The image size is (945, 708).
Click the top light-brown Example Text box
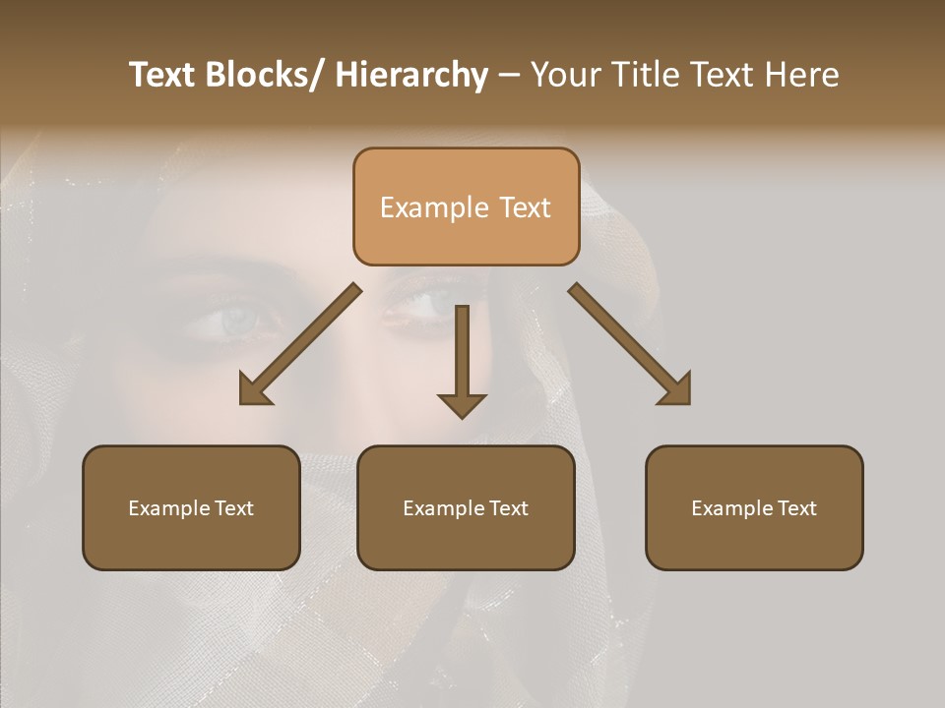coord(466,206)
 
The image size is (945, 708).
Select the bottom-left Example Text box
coord(191,507)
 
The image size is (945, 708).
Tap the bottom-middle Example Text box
coord(466,507)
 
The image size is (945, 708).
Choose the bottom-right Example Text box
coord(754,507)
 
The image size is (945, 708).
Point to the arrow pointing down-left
coord(301,344)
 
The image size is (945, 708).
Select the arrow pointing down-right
coord(630,344)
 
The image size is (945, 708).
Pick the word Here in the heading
coord(802,75)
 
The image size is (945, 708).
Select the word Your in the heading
coord(564,75)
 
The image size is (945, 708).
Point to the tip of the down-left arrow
coord(242,402)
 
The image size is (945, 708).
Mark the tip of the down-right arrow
coord(688,402)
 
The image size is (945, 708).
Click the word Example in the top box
coord(434,207)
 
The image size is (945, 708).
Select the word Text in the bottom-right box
coord(795,507)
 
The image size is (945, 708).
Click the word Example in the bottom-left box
coord(169,507)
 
